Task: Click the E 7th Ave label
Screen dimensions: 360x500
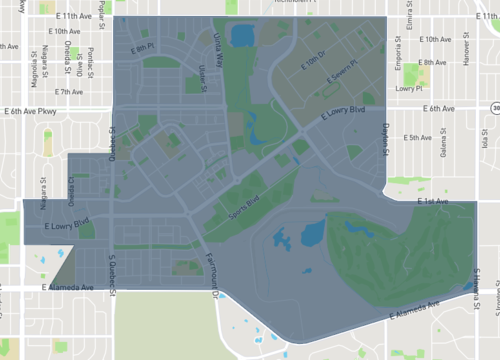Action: [x=70, y=91]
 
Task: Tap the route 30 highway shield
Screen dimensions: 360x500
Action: [x=495, y=107]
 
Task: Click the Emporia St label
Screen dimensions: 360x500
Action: [x=396, y=44]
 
